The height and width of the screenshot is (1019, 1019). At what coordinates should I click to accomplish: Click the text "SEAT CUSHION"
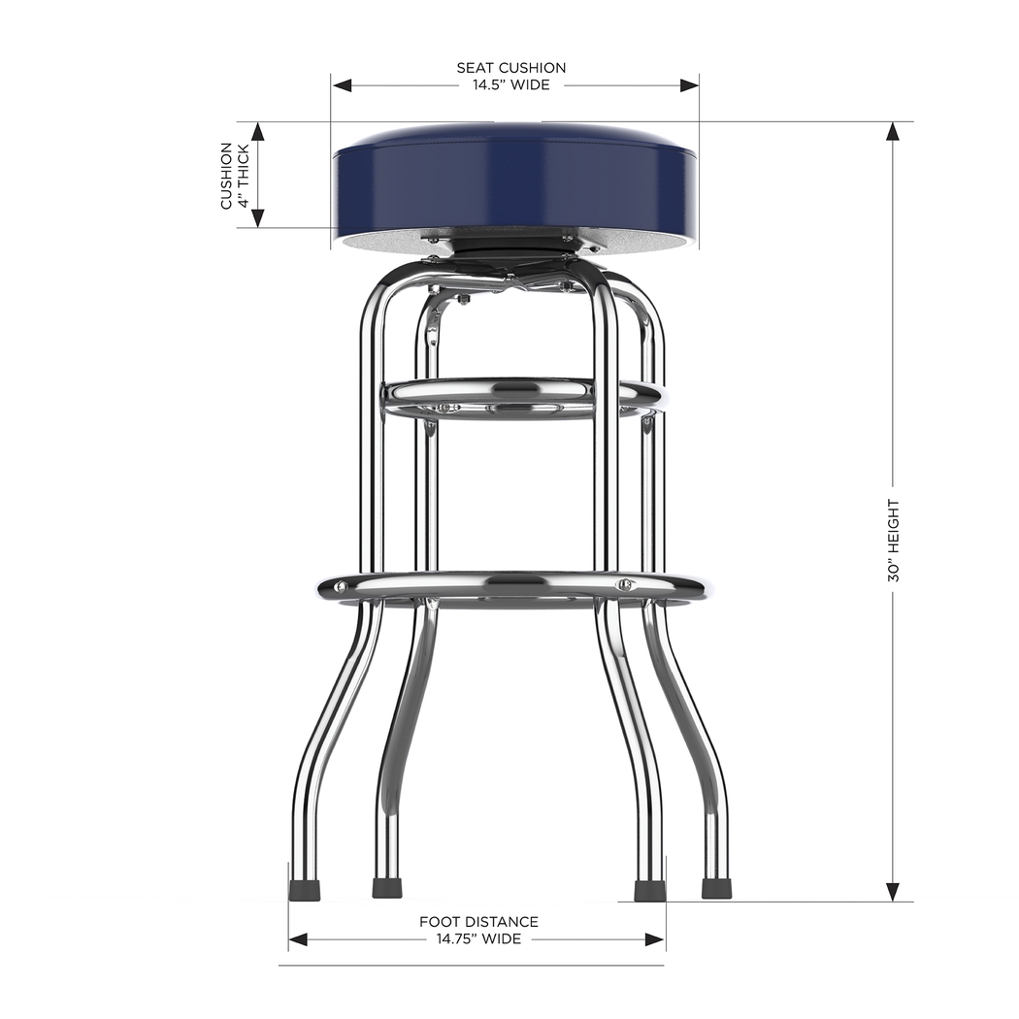511,68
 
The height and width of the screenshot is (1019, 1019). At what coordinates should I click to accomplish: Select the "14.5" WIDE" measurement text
511,85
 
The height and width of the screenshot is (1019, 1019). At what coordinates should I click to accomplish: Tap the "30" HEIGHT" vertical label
893,541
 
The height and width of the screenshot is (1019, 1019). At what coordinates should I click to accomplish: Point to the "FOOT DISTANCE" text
478,922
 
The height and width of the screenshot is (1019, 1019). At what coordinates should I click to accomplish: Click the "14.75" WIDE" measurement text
478,939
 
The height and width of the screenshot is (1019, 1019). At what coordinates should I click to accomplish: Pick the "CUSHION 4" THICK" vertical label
234,176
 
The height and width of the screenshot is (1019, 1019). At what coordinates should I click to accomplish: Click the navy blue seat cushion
514,184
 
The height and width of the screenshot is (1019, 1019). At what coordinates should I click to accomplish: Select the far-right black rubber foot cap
716,888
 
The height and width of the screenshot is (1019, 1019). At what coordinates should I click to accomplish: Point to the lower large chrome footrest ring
511,587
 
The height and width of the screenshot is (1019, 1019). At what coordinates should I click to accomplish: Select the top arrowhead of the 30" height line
893,132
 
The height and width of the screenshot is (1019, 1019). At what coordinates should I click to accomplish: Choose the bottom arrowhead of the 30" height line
893,892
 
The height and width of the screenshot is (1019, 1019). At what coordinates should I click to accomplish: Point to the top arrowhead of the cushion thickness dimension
258,132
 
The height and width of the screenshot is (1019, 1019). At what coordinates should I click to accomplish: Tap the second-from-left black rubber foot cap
387,888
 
